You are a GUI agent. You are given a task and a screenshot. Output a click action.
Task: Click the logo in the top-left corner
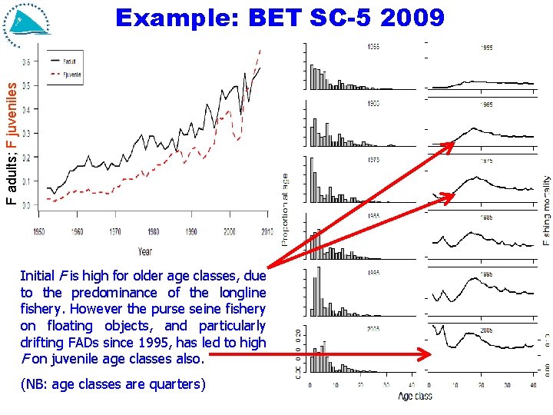point(27,21)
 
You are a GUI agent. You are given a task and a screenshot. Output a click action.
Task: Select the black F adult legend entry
point(65,59)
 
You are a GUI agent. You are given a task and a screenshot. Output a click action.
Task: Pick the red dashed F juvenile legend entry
point(65,75)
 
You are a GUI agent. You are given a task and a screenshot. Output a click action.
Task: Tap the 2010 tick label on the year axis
point(267,231)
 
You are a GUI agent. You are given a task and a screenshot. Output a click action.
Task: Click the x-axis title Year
point(145,251)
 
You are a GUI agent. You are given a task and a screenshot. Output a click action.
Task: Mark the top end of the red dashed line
point(260,49)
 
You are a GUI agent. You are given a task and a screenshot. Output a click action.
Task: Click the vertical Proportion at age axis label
point(285,208)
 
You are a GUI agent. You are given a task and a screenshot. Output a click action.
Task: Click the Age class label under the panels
point(415,397)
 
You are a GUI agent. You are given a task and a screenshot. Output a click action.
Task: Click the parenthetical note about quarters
point(113,383)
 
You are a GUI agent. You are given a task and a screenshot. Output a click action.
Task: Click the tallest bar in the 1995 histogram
point(319,292)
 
